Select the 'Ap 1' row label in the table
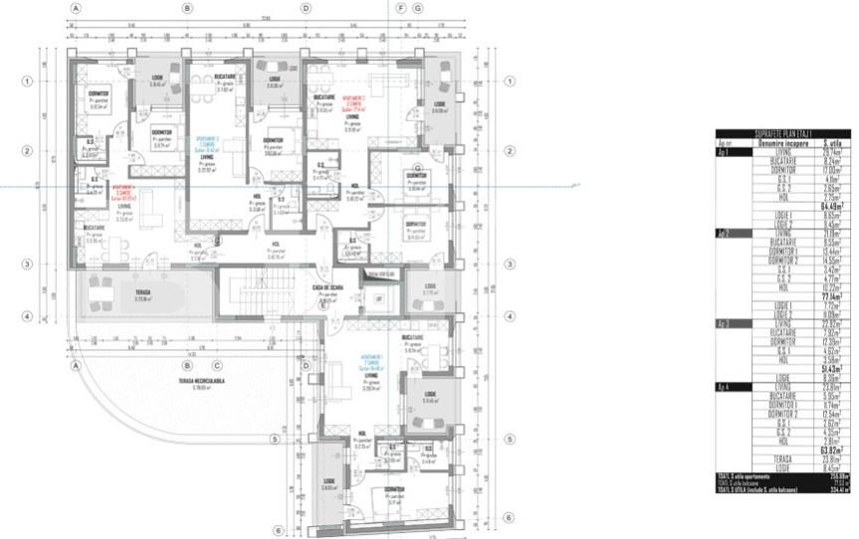tap(724, 150)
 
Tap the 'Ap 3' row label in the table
tap(724, 323)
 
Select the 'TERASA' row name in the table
tap(782, 458)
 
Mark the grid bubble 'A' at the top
tap(76, 8)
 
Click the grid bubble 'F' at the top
tap(401, 8)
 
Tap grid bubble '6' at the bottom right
tap(508, 517)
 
